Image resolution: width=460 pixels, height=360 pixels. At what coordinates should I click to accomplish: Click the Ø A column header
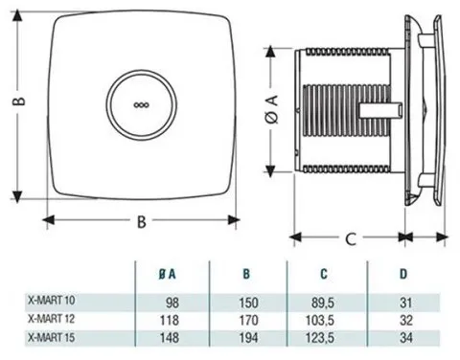click(x=168, y=274)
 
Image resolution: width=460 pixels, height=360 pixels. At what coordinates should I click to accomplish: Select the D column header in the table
click(x=403, y=274)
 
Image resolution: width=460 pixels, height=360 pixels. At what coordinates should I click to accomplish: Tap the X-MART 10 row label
click(x=52, y=301)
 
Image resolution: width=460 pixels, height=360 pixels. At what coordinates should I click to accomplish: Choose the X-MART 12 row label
click(x=52, y=319)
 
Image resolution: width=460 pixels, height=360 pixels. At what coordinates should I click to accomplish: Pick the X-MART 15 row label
click(x=52, y=337)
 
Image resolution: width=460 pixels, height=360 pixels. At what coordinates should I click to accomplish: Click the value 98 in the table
click(x=172, y=303)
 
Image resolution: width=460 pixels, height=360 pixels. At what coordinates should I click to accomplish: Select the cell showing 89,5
click(x=323, y=303)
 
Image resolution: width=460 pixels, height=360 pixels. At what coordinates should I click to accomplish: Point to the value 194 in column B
click(x=249, y=338)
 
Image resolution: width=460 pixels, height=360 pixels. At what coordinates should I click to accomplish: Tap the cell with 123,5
click(x=320, y=338)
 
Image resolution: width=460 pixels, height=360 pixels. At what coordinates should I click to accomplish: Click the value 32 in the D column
click(x=406, y=320)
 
